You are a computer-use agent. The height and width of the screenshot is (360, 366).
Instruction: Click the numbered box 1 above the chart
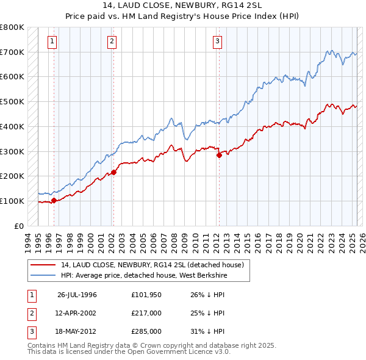pos(52,41)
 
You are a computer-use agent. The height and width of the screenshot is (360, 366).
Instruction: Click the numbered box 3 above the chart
pos(218,41)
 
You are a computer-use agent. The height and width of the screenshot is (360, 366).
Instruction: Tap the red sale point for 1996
pos(54,200)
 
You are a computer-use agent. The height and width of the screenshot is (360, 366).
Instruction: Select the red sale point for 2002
pos(113,171)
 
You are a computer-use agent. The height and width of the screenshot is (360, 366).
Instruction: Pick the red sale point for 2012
pos(219,155)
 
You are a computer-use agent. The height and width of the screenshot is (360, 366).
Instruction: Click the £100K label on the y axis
pos(12,201)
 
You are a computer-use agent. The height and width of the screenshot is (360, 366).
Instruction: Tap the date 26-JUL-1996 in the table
pos(77,295)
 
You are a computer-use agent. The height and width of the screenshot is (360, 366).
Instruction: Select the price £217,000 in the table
pos(146,313)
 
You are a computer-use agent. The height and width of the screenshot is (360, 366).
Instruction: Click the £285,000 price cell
pos(146,331)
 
